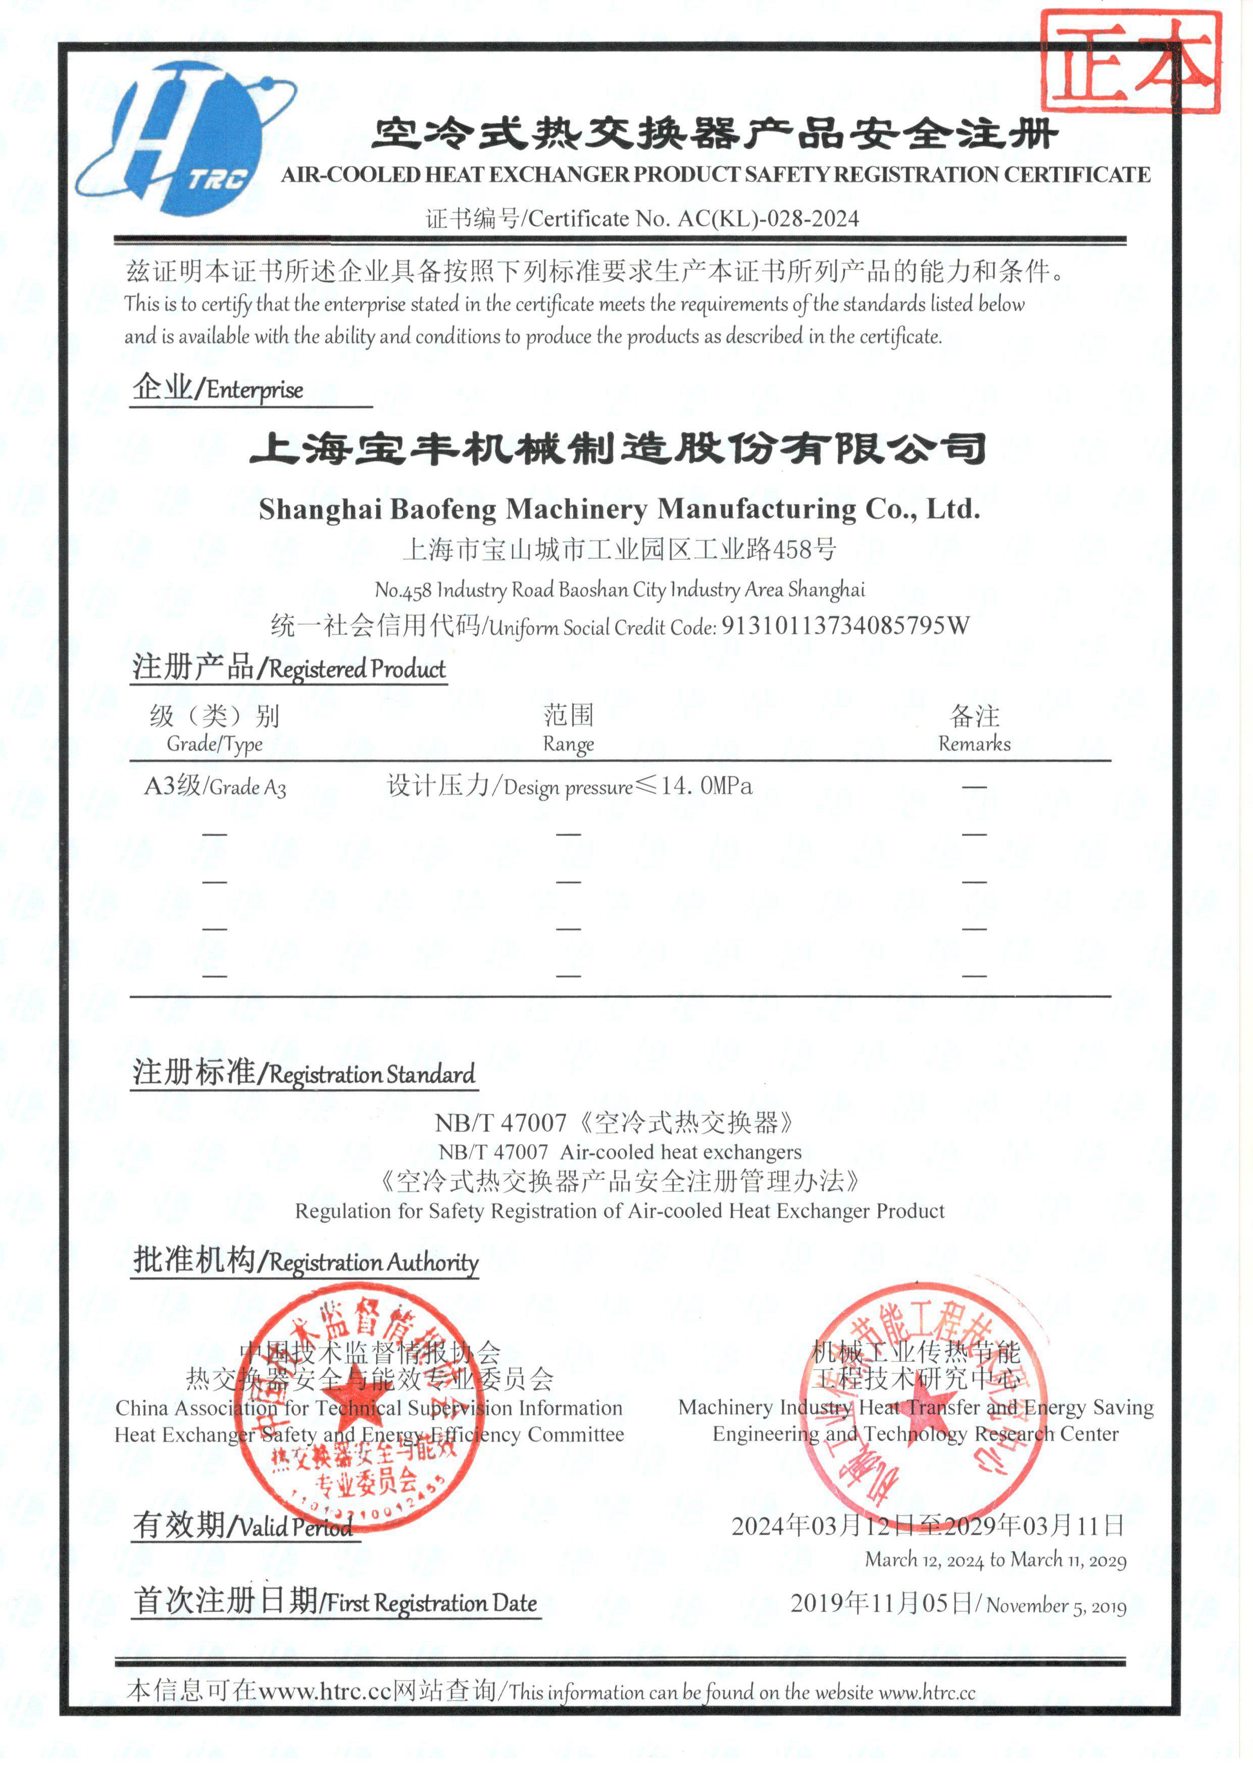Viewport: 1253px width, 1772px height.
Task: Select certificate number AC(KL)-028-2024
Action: [x=768, y=219]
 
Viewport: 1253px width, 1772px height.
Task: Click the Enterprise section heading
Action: [x=218, y=388]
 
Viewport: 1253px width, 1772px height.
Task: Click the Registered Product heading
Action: [x=289, y=667]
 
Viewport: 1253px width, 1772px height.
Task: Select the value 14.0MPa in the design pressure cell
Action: [x=707, y=786]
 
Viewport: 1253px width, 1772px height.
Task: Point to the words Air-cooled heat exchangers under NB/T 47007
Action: [x=680, y=1152]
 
